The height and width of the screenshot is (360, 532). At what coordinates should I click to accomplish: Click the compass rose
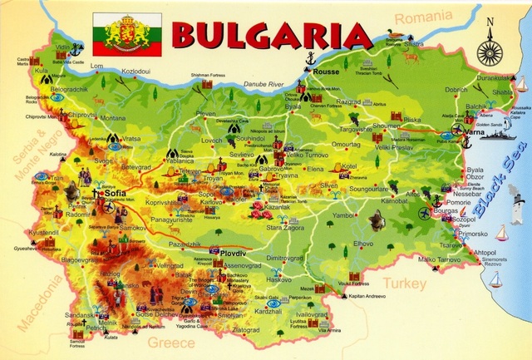pyautogui.click(x=490, y=49)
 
